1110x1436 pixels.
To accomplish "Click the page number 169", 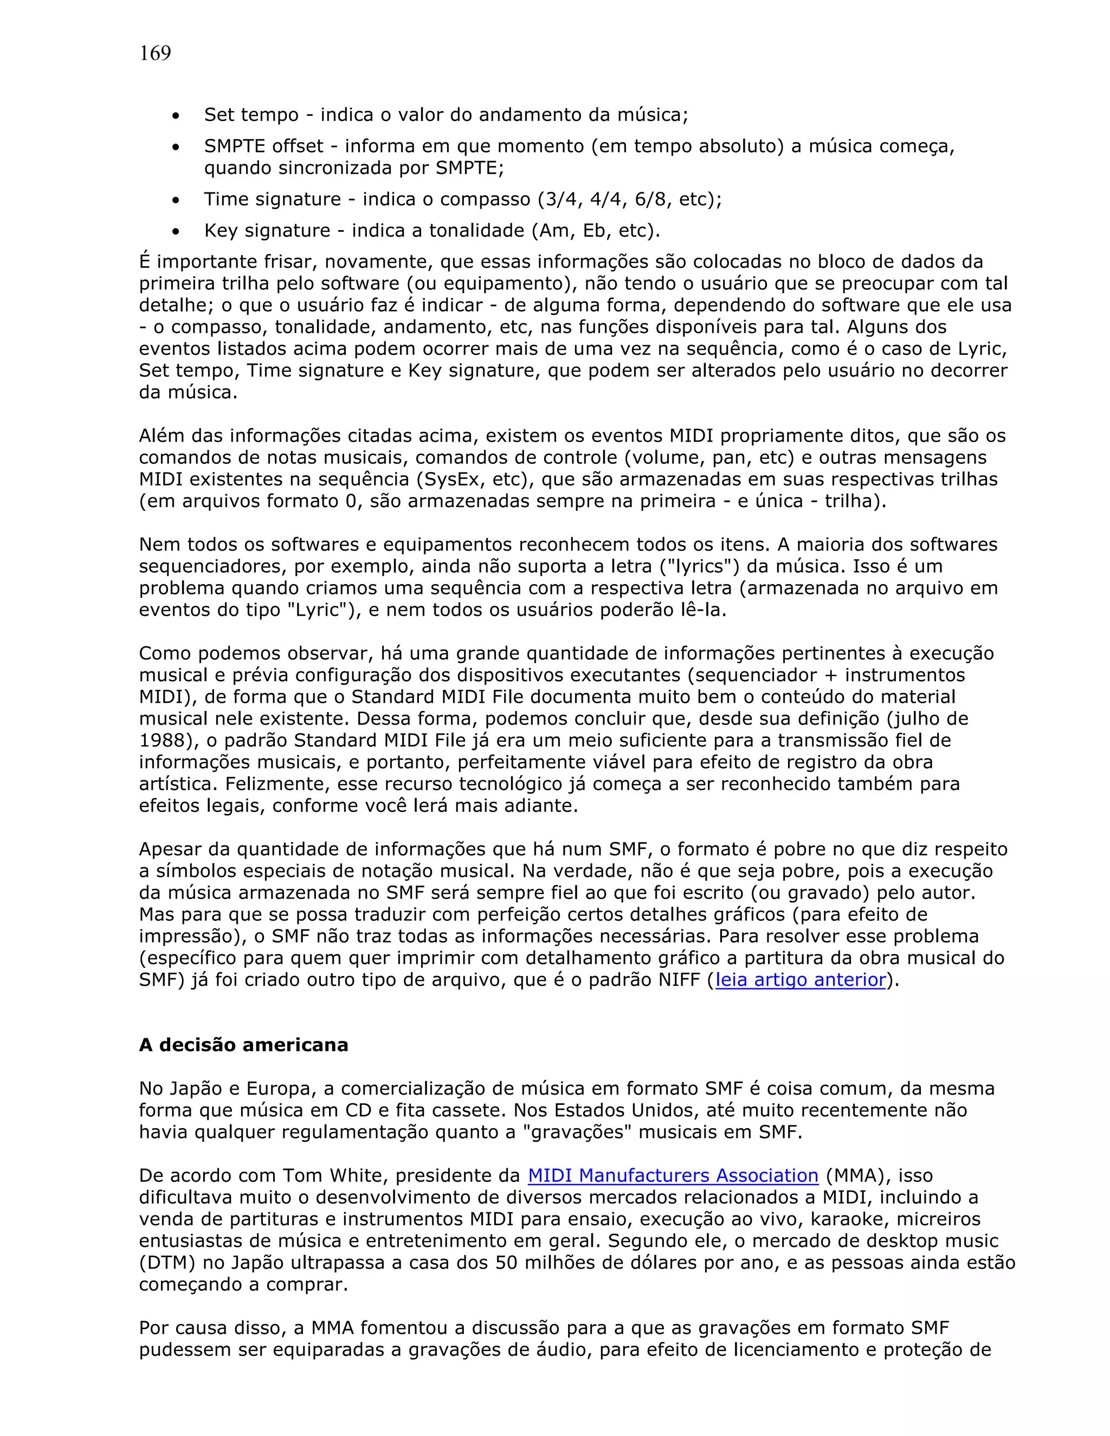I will coord(155,53).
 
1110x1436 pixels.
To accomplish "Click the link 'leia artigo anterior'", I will coord(801,980).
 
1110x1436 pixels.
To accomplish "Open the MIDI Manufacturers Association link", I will coord(673,1176).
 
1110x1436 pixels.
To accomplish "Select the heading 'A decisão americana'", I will coord(243,1045).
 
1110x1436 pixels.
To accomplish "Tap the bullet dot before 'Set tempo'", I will coord(176,117).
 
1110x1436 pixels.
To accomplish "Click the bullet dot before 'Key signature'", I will coord(176,232).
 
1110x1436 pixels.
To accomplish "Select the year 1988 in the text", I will coord(161,740).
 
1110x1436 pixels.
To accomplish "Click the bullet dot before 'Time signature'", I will coord(176,200).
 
